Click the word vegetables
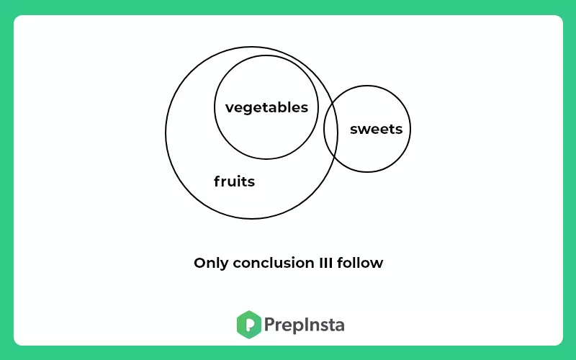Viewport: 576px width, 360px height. click(266, 108)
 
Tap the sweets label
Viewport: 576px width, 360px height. click(376, 130)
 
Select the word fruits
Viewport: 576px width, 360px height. click(235, 181)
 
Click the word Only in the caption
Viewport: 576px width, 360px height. click(211, 264)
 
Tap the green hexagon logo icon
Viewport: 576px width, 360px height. click(249, 325)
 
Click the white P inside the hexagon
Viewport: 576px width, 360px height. click(250, 325)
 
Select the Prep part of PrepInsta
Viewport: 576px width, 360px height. click(283, 325)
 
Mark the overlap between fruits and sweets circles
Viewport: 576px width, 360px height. click(331, 130)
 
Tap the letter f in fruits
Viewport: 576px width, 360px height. click(217, 181)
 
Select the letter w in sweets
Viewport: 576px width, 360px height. click(364, 130)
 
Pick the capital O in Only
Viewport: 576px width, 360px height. click(200, 263)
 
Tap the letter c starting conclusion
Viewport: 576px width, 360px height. click(237, 264)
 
